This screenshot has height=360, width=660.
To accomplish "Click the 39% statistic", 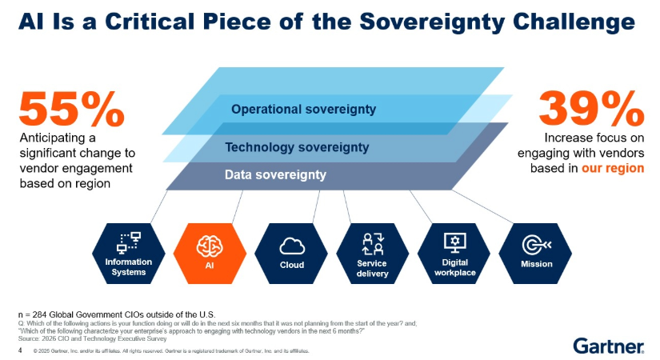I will pyautogui.click(x=591, y=109).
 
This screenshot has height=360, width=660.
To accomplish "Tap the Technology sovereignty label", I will pyautogui.click(x=297, y=147).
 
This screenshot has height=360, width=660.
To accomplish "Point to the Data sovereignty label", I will pyautogui.click(x=275, y=174).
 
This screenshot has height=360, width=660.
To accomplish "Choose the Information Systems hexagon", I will pyautogui.click(x=128, y=254).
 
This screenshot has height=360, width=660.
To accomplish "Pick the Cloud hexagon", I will pyautogui.click(x=291, y=254).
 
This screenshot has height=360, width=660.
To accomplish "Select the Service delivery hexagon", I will pyautogui.click(x=373, y=254).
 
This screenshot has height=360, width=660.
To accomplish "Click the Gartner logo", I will pyautogui.click(x=609, y=346).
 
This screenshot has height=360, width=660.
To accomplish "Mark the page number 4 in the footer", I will pyautogui.click(x=20, y=350).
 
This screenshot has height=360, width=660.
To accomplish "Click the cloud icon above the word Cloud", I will pyautogui.click(x=291, y=245).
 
